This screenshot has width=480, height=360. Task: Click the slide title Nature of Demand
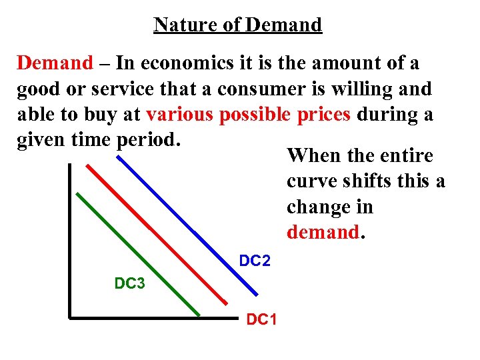237,25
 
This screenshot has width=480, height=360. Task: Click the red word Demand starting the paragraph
55,63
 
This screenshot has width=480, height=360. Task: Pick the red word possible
255,114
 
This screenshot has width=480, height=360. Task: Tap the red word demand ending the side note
323,232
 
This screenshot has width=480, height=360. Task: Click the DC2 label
255,261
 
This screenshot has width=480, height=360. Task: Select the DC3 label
130,283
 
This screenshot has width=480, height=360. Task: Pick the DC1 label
262,319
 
